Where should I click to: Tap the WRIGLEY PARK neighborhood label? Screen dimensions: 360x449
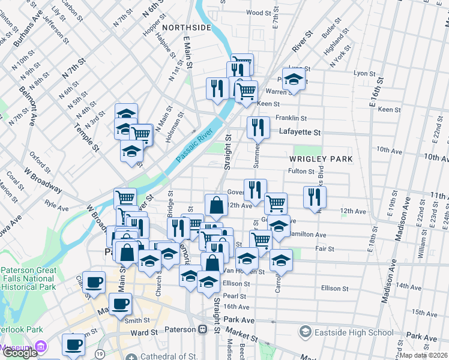coord(320,159)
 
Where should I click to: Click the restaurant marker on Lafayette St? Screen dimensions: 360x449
coord(258,127)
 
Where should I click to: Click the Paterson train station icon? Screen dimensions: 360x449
coord(203,329)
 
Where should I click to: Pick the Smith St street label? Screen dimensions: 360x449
coord(137,320)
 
